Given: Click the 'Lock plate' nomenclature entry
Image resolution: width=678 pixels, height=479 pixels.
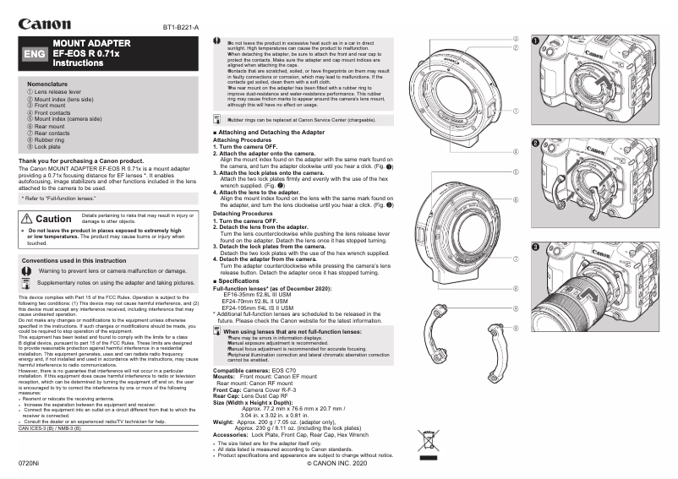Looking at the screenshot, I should point(51,147).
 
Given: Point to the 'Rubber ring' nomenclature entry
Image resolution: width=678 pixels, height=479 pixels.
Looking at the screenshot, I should point(52,140).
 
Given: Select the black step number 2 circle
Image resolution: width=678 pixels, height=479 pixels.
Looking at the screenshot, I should point(536,143).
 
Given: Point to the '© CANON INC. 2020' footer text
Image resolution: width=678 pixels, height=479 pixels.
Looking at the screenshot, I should point(337,464).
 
